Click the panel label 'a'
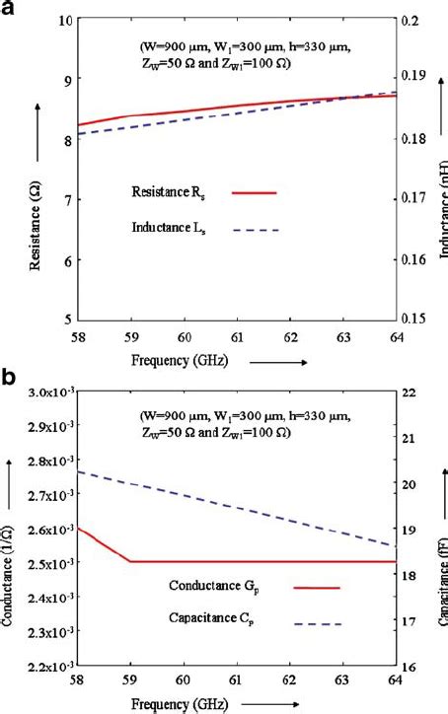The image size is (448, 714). tap(8, 9)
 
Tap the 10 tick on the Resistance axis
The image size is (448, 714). tap(62, 20)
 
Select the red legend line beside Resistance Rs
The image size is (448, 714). tap(254, 193)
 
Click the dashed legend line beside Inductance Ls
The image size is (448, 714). tap(254, 230)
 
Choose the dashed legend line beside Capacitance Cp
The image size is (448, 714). tap(317, 624)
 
